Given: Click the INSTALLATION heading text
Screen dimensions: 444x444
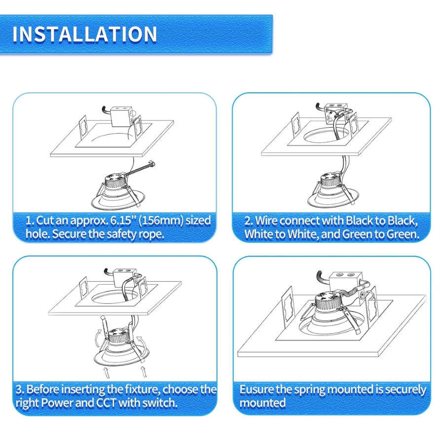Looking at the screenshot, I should click(x=84, y=34).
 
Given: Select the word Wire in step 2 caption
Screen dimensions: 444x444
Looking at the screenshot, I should click(x=266, y=220).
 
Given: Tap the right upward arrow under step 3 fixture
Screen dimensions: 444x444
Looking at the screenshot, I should click(x=144, y=370).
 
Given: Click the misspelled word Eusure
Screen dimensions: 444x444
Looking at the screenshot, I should click(x=256, y=390).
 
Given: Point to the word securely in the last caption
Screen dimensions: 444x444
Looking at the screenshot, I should click(x=406, y=390).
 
